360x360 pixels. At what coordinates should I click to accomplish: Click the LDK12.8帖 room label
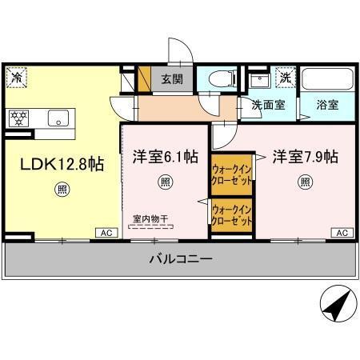62,163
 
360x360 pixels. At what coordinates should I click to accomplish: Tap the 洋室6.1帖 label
166,158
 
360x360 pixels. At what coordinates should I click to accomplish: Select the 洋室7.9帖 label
305,156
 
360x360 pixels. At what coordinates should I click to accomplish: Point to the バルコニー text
180,260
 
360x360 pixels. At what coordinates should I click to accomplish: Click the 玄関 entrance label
172,79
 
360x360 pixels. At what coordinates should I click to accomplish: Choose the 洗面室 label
268,104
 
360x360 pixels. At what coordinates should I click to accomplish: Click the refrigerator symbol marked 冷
17,77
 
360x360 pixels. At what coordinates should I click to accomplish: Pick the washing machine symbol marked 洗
285,78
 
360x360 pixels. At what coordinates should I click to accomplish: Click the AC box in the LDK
104,233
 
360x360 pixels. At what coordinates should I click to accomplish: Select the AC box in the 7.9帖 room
339,233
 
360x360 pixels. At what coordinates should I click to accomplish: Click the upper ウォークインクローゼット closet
232,173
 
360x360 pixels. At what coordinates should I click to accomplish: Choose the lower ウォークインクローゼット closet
232,215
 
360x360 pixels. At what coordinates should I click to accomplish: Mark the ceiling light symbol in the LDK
62,190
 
